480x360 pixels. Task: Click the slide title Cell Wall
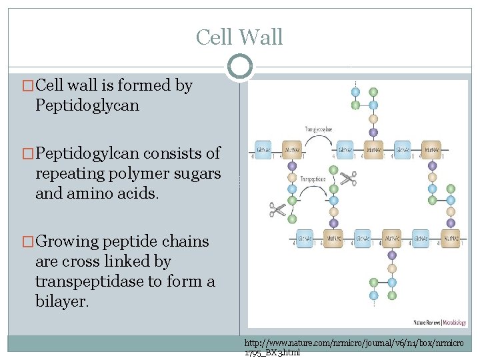(x=239, y=37)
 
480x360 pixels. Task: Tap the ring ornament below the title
(x=240, y=67)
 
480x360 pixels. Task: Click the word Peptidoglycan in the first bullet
(x=87, y=105)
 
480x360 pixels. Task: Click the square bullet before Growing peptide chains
(x=28, y=242)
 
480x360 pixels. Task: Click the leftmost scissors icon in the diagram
(x=277, y=211)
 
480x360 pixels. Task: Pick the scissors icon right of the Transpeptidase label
(x=347, y=179)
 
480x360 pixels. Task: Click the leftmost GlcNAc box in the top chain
(x=263, y=150)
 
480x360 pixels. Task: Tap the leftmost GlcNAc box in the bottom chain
(x=305, y=237)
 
